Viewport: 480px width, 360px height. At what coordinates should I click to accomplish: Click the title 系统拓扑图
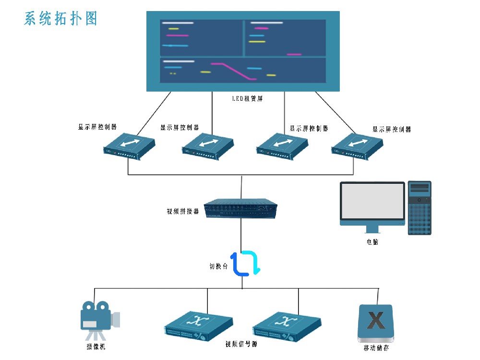60,18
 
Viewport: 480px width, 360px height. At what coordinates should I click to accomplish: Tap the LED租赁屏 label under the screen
247,99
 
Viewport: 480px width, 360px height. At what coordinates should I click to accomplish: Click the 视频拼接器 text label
182,211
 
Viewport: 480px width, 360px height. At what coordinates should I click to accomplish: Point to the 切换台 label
218,266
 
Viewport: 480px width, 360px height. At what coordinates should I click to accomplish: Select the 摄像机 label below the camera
96,347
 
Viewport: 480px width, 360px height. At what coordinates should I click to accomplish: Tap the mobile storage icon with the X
376,323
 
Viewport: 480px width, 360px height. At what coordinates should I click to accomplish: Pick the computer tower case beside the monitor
420,207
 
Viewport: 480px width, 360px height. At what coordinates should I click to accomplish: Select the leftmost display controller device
130,146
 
